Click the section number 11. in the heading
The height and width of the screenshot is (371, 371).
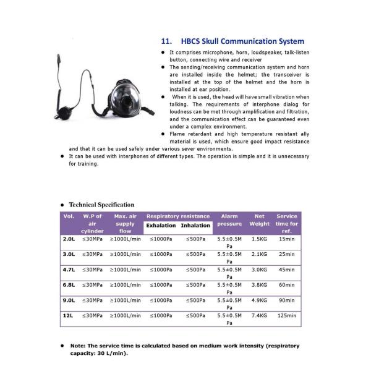coord(166,41)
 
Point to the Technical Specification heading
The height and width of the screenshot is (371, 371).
coord(101,205)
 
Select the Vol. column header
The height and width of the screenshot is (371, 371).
coord(69,216)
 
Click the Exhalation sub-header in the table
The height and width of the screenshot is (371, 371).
coord(161,225)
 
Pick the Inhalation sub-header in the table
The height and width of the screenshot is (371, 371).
coord(195,225)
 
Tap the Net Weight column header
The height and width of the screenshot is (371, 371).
coord(259,220)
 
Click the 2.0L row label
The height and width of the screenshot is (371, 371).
coord(69,238)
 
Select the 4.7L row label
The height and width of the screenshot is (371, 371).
coord(69,269)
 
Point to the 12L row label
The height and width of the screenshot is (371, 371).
coord(68,315)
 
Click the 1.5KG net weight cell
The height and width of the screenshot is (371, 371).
coord(260,238)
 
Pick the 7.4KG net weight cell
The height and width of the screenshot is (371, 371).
coord(260,315)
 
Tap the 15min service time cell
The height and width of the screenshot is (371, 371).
coord(287,238)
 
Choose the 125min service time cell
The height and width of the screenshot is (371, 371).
coord(287,315)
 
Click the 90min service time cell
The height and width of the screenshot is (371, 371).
coord(287,300)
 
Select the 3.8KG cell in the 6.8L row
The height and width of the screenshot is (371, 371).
coord(260,284)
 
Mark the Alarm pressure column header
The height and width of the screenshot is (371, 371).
coord(229,220)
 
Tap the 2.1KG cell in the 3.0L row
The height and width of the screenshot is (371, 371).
coord(260,254)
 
